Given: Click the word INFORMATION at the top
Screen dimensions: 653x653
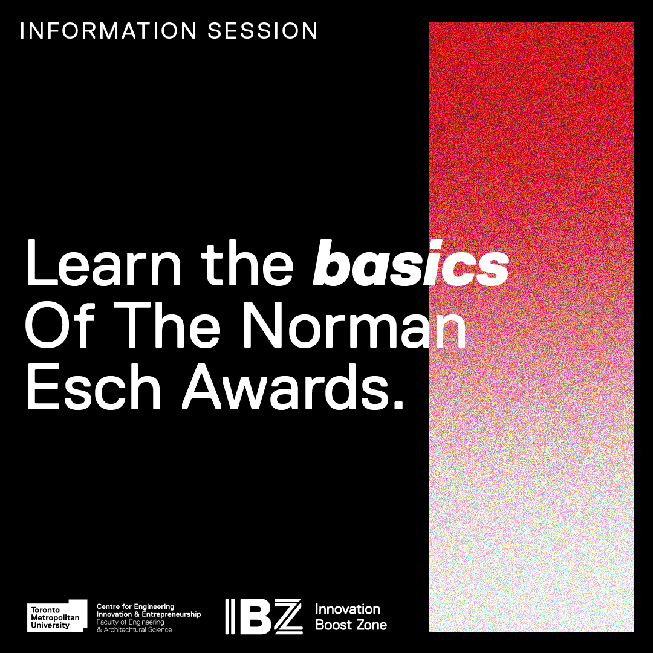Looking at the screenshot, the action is click(x=108, y=31).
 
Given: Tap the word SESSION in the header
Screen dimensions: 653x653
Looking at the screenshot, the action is click(x=263, y=31).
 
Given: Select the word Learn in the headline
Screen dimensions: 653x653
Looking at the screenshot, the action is click(x=104, y=264).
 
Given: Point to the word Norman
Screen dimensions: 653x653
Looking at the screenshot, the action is click(x=354, y=325).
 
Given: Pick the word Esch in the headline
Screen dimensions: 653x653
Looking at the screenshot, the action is click(x=94, y=387).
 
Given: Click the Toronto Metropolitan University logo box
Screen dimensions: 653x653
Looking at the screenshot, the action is click(x=57, y=616).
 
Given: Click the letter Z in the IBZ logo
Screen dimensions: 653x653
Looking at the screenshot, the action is click(x=287, y=617).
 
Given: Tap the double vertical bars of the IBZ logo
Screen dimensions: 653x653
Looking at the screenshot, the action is click(x=230, y=617).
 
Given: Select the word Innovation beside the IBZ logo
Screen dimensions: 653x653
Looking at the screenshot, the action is click(x=348, y=609).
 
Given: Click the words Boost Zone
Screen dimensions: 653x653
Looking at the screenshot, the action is click(x=351, y=625).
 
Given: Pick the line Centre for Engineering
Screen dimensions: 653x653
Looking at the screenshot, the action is click(x=135, y=607).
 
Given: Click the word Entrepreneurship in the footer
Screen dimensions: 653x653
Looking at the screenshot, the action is click(x=171, y=615).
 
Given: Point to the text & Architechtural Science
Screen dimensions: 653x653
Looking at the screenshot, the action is click(x=134, y=629).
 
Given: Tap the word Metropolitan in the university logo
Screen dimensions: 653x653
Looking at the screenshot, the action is click(x=55, y=617).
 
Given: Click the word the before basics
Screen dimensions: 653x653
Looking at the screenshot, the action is click(x=248, y=264).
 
